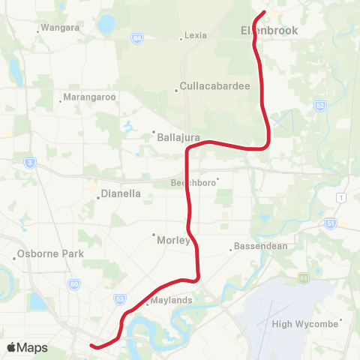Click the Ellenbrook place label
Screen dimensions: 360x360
point(269,31)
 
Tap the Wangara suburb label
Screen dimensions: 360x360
point(61,28)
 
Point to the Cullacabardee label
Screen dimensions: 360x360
point(215,86)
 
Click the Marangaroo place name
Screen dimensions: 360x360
point(88,97)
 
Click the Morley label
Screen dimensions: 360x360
point(174,241)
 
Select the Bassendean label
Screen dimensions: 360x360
point(256,246)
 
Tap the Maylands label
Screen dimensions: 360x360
point(172,301)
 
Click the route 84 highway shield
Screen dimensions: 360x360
point(136,37)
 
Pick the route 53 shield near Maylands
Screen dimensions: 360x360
point(120,298)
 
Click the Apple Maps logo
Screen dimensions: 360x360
point(27,347)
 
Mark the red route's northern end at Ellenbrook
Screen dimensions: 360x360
point(264,12)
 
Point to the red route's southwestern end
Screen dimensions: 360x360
point(91,346)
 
